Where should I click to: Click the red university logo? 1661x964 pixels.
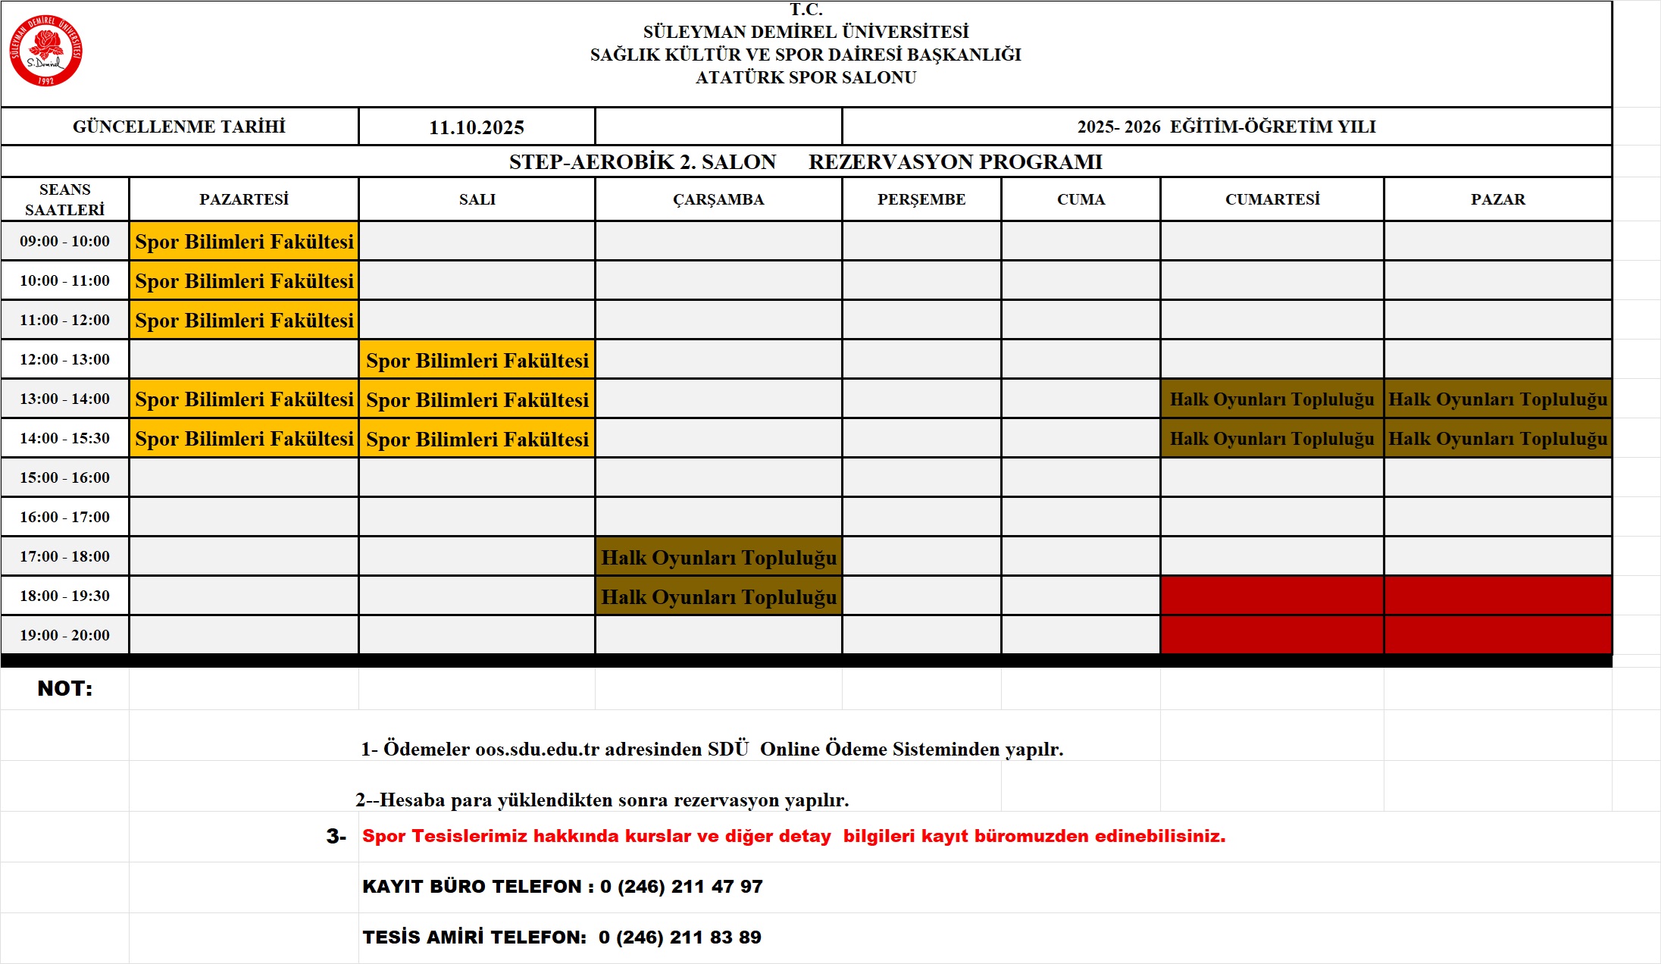point(45,51)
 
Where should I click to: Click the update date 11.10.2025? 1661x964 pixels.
point(477,127)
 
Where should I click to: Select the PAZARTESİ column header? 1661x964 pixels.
point(244,199)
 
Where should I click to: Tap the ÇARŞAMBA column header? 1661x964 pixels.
point(718,199)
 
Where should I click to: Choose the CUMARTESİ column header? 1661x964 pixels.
point(1272,199)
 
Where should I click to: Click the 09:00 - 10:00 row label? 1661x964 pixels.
point(65,241)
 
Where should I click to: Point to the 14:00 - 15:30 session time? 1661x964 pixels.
point(65,438)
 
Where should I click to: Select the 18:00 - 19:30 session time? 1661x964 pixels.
point(65,596)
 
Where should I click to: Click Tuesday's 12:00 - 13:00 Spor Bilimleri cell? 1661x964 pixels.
point(477,360)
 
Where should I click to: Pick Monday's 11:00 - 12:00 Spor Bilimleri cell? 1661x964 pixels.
point(244,321)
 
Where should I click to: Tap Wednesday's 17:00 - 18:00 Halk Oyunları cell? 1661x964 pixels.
point(718,557)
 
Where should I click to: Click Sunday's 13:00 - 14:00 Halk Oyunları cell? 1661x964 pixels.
point(1497,399)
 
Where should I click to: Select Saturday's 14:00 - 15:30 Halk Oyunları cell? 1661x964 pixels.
point(1272,439)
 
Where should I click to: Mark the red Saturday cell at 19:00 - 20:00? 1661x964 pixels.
point(1272,635)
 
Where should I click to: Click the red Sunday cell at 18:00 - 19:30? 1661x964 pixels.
point(1497,596)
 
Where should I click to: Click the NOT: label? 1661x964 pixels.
point(65,688)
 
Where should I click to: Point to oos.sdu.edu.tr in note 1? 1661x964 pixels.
point(536,749)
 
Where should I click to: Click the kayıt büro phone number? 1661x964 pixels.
point(681,886)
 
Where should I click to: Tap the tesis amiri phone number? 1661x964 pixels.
point(680,937)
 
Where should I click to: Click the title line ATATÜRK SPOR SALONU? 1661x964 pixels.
point(806,77)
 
